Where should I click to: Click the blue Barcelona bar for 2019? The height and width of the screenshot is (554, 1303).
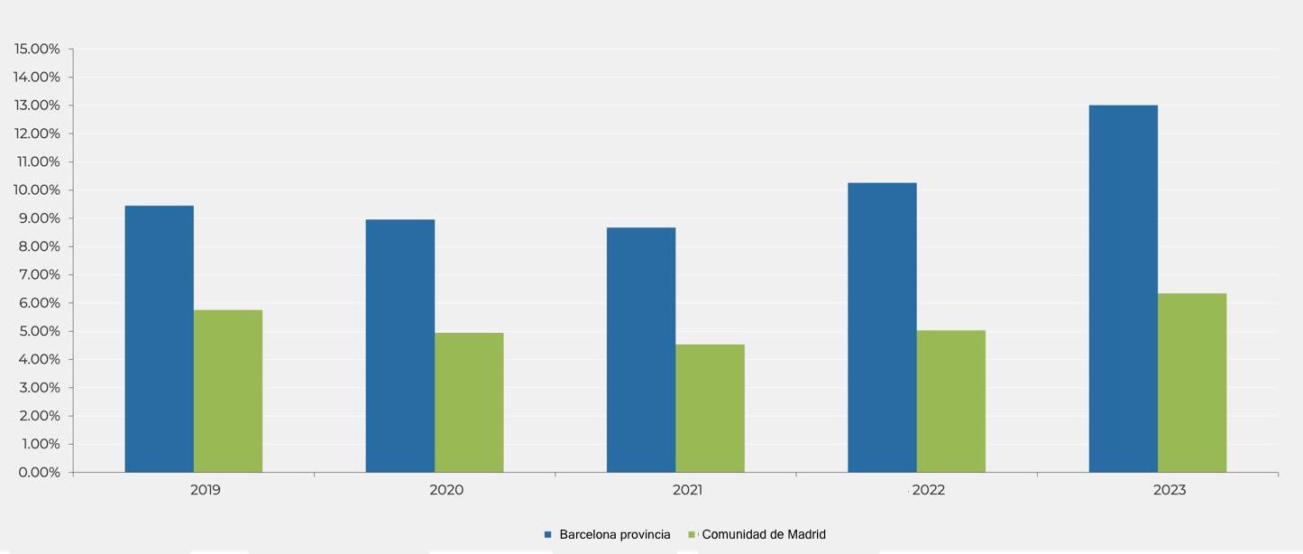tap(159, 339)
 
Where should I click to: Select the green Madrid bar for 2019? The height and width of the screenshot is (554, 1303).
tap(228, 391)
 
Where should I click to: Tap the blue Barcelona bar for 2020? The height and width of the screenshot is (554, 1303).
tap(399, 346)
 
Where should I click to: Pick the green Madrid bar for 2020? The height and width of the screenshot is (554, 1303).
tap(469, 402)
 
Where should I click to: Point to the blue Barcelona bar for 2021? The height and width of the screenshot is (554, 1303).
tap(640, 350)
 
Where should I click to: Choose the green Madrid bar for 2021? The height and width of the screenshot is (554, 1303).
tap(710, 408)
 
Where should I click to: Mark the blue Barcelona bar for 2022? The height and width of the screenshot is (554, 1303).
tap(882, 328)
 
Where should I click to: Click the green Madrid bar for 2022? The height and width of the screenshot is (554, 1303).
tap(950, 401)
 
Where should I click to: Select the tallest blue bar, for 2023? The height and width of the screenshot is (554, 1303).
tap(1123, 289)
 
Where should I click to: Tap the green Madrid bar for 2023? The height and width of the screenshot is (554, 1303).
tap(1192, 383)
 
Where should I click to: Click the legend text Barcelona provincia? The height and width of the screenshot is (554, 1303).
tap(614, 534)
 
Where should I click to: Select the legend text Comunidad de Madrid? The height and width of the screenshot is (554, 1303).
tap(763, 534)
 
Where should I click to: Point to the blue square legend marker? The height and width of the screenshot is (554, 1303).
tap(547, 535)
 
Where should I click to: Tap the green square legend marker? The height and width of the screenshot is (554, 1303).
tap(692, 535)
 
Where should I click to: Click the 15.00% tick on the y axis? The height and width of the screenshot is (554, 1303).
tap(37, 49)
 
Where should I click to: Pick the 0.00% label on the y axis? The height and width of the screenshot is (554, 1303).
tap(37, 472)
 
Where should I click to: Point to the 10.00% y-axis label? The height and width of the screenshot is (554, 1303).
tap(37, 190)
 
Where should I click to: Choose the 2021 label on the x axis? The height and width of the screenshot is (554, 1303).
tap(687, 490)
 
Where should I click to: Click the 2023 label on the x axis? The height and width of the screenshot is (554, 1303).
tap(1170, 490)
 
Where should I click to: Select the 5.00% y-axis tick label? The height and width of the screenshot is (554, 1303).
tap(37, 331)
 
